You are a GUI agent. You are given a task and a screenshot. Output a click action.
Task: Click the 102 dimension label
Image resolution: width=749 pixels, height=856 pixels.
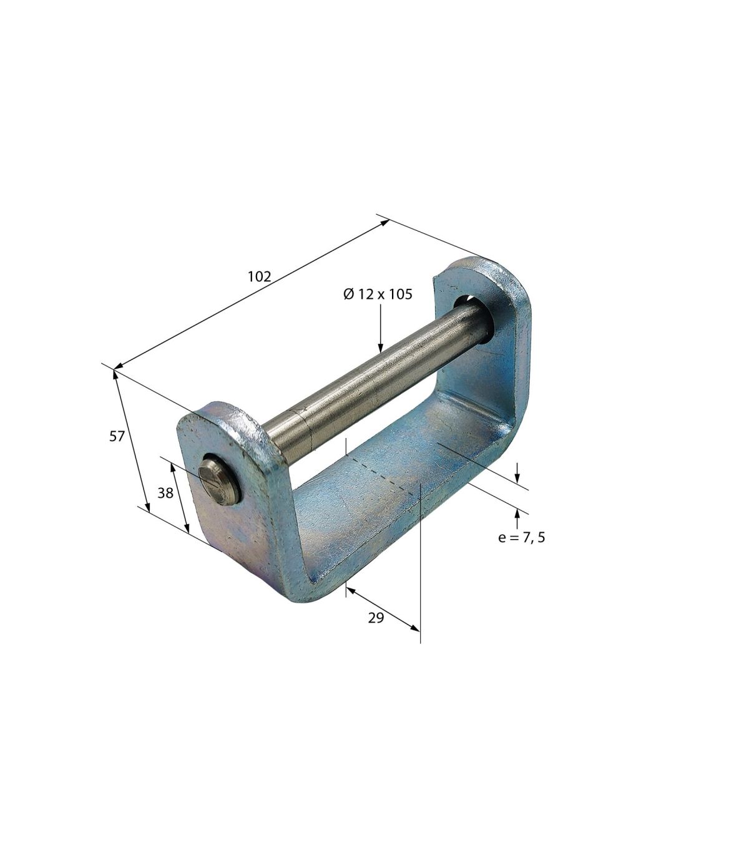click(x=260, y=276)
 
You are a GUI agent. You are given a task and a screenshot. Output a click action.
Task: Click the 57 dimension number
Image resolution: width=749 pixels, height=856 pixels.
click(x=117, y=437)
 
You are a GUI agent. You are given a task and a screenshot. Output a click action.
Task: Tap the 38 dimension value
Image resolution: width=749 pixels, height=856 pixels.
click(x=165, y=494)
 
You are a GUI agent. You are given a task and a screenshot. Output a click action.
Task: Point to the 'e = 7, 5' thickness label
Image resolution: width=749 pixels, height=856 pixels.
click(x=522, y=538)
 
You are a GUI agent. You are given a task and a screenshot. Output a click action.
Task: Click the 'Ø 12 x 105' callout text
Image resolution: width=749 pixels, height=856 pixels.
click(x=378, y=294)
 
